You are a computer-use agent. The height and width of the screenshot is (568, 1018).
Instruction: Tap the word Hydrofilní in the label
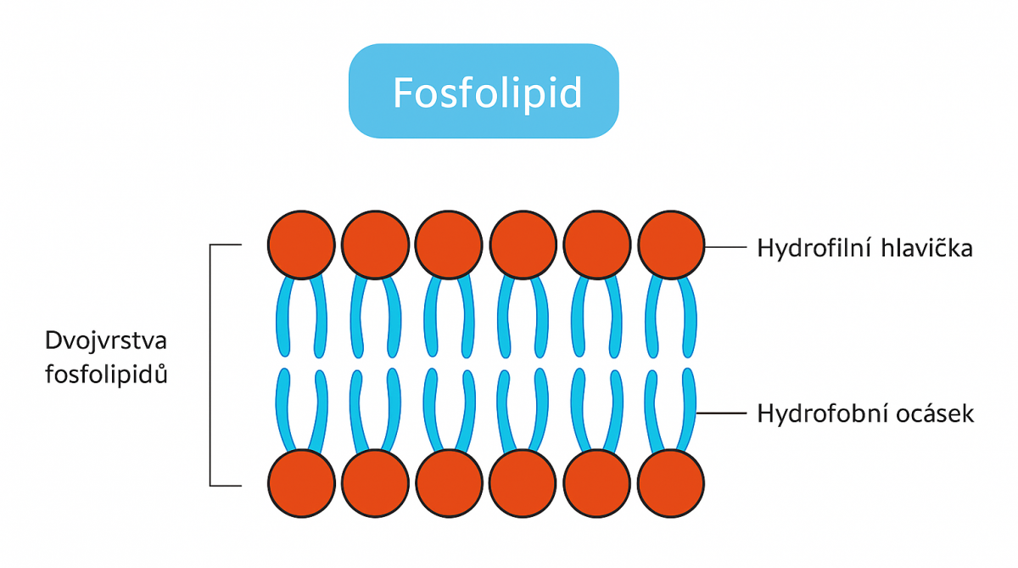[x=806, y=249]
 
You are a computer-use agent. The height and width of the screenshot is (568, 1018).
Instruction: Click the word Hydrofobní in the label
[x=813, y=414]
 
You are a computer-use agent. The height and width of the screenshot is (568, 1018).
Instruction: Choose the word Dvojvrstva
[x=106, y=341]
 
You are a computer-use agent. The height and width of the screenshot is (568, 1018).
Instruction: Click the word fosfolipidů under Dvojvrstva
[x=106, y=374]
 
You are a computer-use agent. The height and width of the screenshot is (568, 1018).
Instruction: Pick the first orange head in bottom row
[x=300, y=483]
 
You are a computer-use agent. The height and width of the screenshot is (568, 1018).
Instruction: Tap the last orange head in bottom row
[x=670, y=483]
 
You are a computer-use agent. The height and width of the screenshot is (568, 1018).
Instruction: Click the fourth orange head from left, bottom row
[x=523, y=483]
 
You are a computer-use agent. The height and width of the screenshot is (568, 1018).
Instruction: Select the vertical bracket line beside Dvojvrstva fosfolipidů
[x=210, y=365]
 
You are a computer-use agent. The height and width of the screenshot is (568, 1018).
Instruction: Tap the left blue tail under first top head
[x=283, y=318]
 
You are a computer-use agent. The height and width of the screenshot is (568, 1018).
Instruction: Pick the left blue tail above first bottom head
[x=283, y=408]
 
